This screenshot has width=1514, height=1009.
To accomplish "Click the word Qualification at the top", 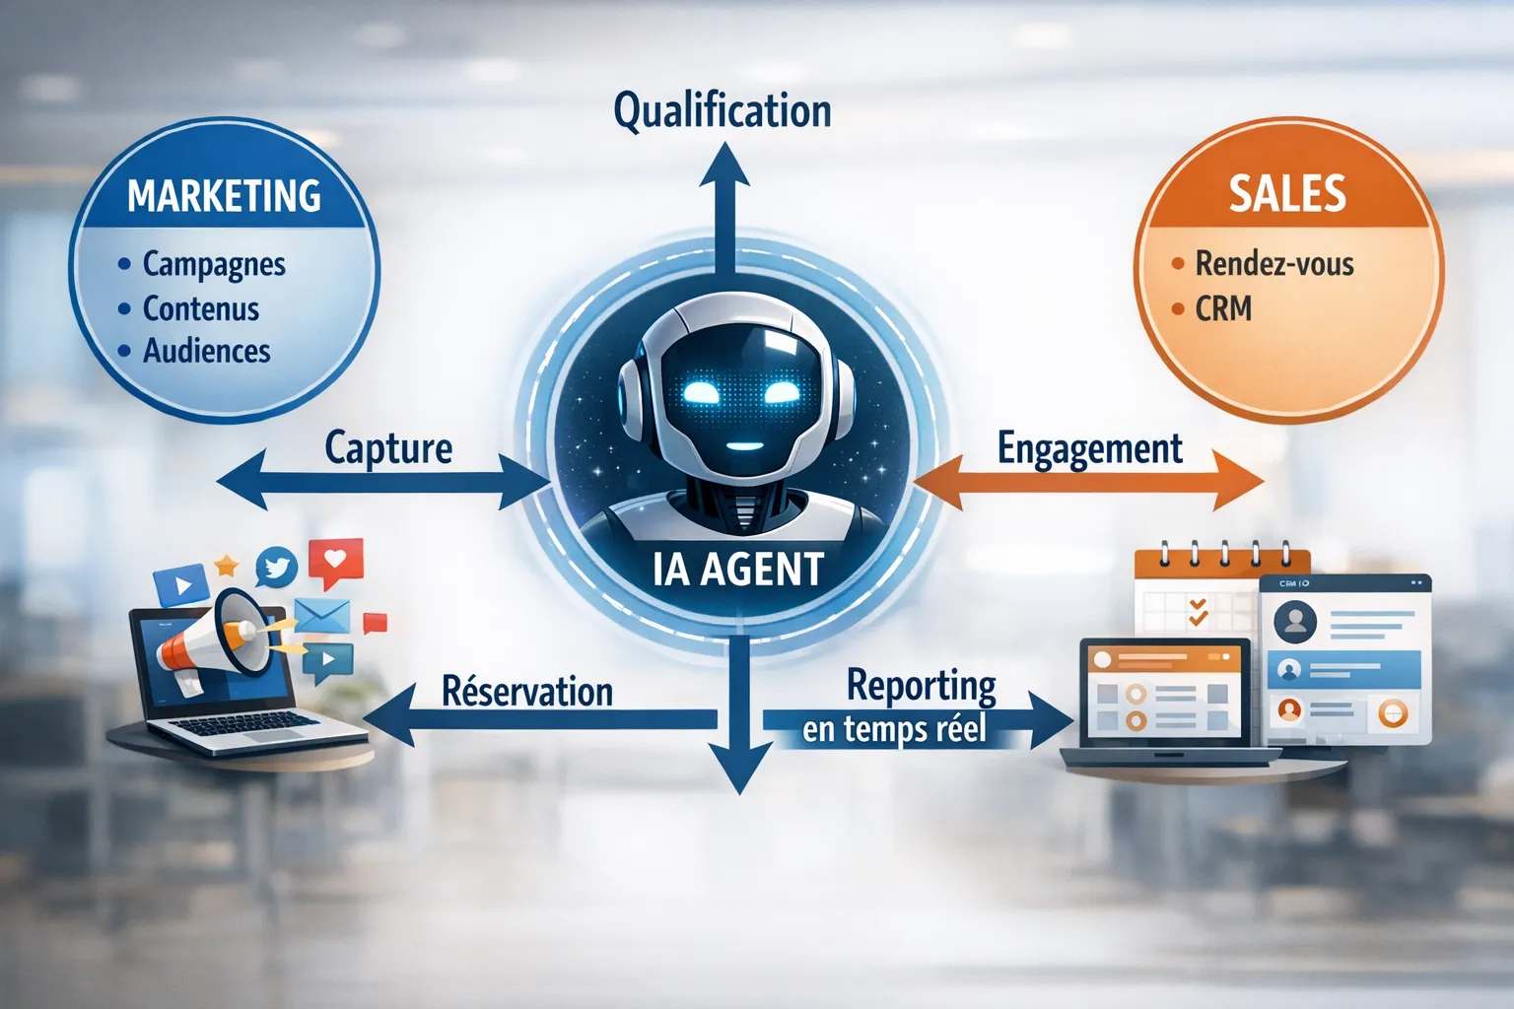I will click(x=722, y=110).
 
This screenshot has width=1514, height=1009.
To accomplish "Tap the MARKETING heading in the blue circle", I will click(x=224, y=195).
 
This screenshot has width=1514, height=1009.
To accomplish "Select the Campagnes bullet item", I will click(x=214, y=264).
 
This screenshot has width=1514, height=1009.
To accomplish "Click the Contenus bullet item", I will click(x=201, y=308).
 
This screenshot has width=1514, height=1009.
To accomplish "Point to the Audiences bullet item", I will click(x=207, y=351).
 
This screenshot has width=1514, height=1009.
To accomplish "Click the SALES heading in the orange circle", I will click(x=1287, y=193).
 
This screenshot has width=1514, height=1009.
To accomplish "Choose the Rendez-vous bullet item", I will click(x=1274, y=264).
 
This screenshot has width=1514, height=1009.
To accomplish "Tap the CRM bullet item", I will click(x=1223, y=308).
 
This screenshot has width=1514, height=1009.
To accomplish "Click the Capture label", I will click(x=388, y=448).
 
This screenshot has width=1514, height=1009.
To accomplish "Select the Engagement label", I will click(x=1089, y=448).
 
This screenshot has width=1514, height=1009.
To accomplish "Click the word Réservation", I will click(x=526, y=691).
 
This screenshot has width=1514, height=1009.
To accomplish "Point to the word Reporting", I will click(x=922, y=685).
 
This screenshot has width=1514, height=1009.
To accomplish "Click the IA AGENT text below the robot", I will click(x=737, y=570).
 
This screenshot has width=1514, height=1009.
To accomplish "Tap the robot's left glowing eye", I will click(x=702, y=392).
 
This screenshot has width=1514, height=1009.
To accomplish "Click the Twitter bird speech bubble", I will click(x=277, y=569).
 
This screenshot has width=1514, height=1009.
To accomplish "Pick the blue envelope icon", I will click(x=322, y=615).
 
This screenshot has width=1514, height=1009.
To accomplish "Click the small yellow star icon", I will click(x=227, y=565).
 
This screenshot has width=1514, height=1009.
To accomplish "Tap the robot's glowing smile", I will click(x=744, y=446).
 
